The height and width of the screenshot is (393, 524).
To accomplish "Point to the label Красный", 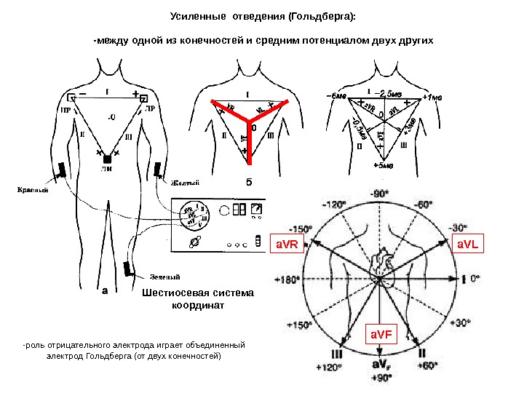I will coord(33,191).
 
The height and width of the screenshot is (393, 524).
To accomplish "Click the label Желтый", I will coord(186,183).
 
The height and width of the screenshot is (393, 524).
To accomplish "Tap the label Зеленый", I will coord(166,276).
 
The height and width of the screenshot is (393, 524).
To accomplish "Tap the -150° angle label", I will coord(298,228).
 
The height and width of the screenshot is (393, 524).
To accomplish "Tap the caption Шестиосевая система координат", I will coord(198,299).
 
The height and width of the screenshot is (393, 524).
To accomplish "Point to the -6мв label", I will coord(336,95).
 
